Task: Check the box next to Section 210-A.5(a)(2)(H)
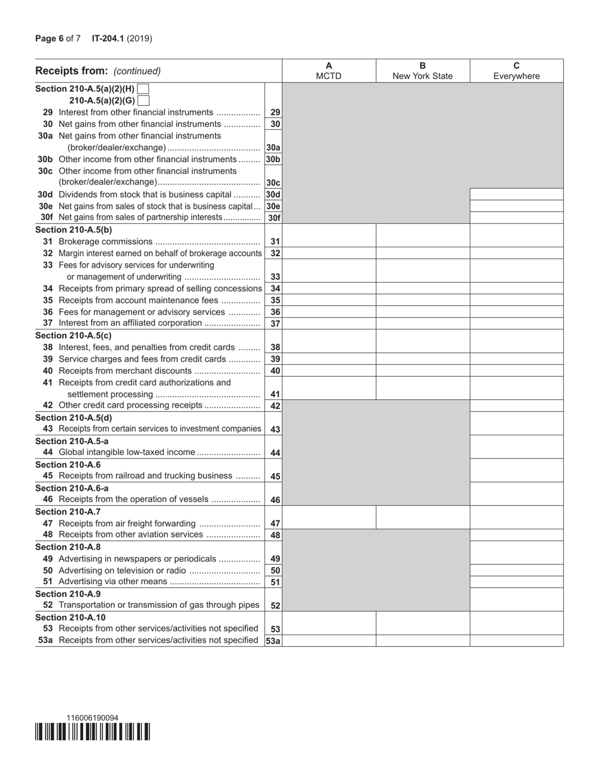pos(143,89)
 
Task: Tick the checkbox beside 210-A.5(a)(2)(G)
pos(143,100)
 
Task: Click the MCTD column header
pos(329,71)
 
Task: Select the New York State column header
pos(422,71)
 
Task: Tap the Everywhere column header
pos(516,71)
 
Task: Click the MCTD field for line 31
pos(329,242)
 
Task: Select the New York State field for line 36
pos(422,312)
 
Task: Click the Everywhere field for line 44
pos(516,453)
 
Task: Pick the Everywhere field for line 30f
pos(516,218)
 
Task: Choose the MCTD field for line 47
pos(329,523)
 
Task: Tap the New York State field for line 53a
pos(422,641)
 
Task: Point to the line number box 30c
pos(273,183)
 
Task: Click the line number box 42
pos(275,406)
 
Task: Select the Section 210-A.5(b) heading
pos(74,230)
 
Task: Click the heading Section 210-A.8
pos(68,547)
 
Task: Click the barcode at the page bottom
pos(92,732)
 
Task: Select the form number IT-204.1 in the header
pos(108,38)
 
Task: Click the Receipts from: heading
pos(71,71)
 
